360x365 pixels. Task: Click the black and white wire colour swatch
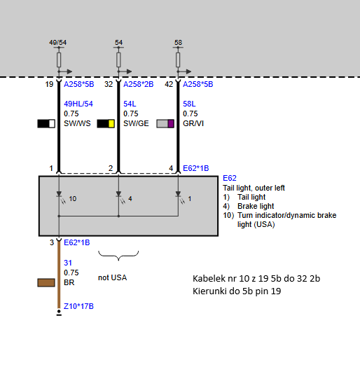(46, 123)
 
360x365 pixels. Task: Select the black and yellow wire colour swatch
(106, 123)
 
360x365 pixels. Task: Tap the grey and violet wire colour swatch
(165, 123)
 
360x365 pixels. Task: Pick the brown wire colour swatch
(46, 282)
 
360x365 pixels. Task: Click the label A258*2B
(138, 84)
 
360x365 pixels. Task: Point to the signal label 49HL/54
(78, 104)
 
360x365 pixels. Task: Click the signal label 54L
(130, 104)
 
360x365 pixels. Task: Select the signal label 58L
(189, 104)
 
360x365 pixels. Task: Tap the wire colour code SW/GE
(136, 123)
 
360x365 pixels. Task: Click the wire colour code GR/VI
(193, 123)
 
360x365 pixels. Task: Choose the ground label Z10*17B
(78, 306)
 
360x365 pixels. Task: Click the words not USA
(112, 277)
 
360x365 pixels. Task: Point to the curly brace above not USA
(118, 256)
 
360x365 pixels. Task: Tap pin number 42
(169, 84)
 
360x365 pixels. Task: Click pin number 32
(109, 84)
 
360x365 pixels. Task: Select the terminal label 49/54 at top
(57, 43)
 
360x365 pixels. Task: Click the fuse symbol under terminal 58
(178, 60)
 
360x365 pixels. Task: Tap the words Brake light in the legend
(256, 206)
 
